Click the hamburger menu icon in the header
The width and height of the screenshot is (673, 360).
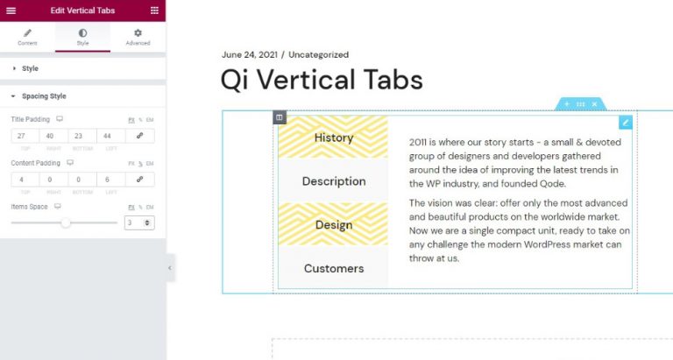click(11, 11)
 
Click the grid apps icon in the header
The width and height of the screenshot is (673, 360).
click(154, 11)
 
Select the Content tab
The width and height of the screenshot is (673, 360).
click(27, 37)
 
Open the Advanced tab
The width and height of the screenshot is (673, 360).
click(138, 37)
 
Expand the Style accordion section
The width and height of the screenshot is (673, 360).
click(30, 68)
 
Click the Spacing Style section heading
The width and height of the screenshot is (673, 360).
click(44, 96)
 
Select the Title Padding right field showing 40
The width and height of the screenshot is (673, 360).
click(53, 136)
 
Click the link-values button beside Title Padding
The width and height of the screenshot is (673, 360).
click(140, 136)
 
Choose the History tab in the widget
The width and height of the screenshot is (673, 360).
click(333, 138)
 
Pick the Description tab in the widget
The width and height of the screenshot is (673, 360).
click(333, 181)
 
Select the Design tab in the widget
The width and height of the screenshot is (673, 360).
click(333, 225)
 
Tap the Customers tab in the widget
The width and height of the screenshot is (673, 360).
click(333, 269)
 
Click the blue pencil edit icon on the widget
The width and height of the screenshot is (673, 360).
click(625, 123)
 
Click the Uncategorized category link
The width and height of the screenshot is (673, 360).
click(318, 54)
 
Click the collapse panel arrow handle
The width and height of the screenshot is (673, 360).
click(170, 268)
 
